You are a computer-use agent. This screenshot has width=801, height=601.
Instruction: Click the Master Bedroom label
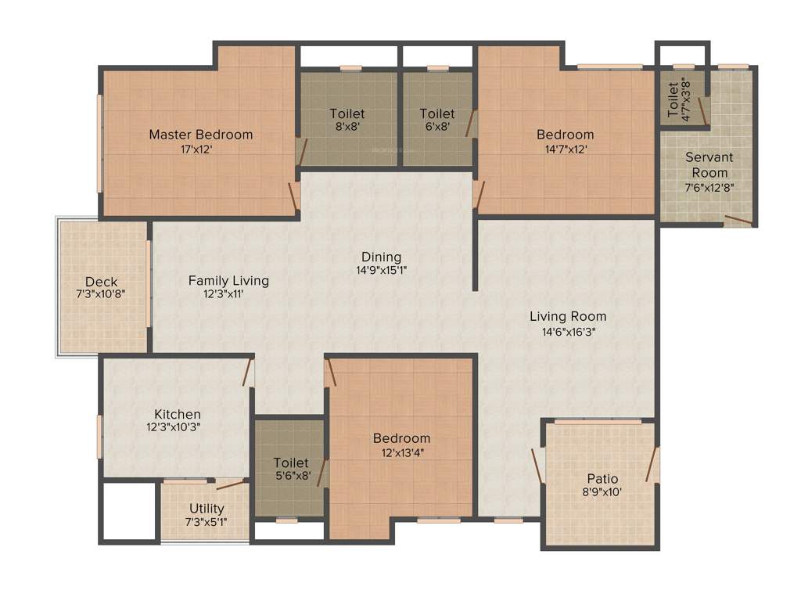pyautogui.click(x=201, y=135)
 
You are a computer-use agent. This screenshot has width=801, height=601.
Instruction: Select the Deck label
pyautogui.click(x=101, y=282)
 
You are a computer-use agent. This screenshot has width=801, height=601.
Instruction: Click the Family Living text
pyautogui.click(x=228, y=280)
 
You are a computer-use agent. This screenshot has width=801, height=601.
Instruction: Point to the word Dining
pyautogui.click(x=381, y=257)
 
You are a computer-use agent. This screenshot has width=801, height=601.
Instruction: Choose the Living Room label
pyautogui.click(x=568, y=316)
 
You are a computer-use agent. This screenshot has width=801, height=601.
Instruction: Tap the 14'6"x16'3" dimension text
pyautogui.click(x=568, y=331)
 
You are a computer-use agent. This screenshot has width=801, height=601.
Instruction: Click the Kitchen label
pyautogui.click(x=178, y=414)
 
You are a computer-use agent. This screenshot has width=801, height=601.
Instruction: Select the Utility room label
pyautogui.click(x=207, y=509)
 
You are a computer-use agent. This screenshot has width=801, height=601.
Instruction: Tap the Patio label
pyautogui.click(x=602, y=479)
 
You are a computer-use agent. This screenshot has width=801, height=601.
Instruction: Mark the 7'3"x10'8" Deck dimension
pyautogui.click(x=101, y=295)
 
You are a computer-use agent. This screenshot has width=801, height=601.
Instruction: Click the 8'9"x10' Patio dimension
pyautogui.click(x=602, y=492)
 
